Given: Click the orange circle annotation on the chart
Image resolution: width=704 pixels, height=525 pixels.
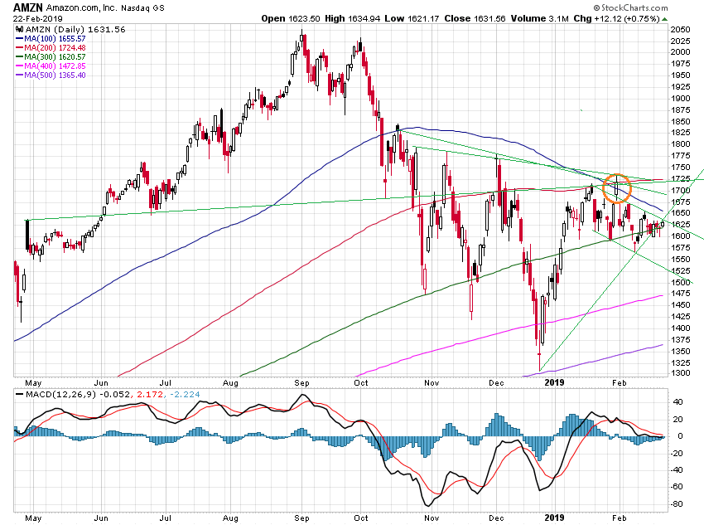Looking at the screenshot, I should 616,187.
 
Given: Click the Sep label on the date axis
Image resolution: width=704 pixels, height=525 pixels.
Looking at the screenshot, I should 302,383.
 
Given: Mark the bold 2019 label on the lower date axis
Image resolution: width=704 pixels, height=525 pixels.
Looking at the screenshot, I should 554,517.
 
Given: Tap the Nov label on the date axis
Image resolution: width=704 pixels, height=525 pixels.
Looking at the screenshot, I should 429,383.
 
